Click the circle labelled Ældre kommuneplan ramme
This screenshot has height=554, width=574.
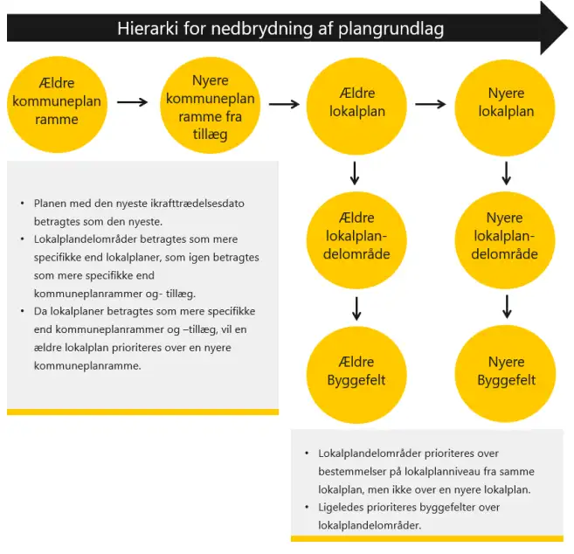57,102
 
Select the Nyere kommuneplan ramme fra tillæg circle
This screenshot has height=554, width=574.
211,102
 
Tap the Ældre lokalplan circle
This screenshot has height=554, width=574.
356,102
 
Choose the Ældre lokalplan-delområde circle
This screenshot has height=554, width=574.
356,235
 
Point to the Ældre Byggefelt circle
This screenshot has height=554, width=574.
356,371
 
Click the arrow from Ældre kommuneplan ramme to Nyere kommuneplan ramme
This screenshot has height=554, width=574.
133,102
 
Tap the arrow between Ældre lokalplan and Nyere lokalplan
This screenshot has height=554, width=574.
432,103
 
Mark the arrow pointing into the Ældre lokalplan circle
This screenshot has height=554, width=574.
284,103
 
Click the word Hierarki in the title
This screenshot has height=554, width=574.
149,29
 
